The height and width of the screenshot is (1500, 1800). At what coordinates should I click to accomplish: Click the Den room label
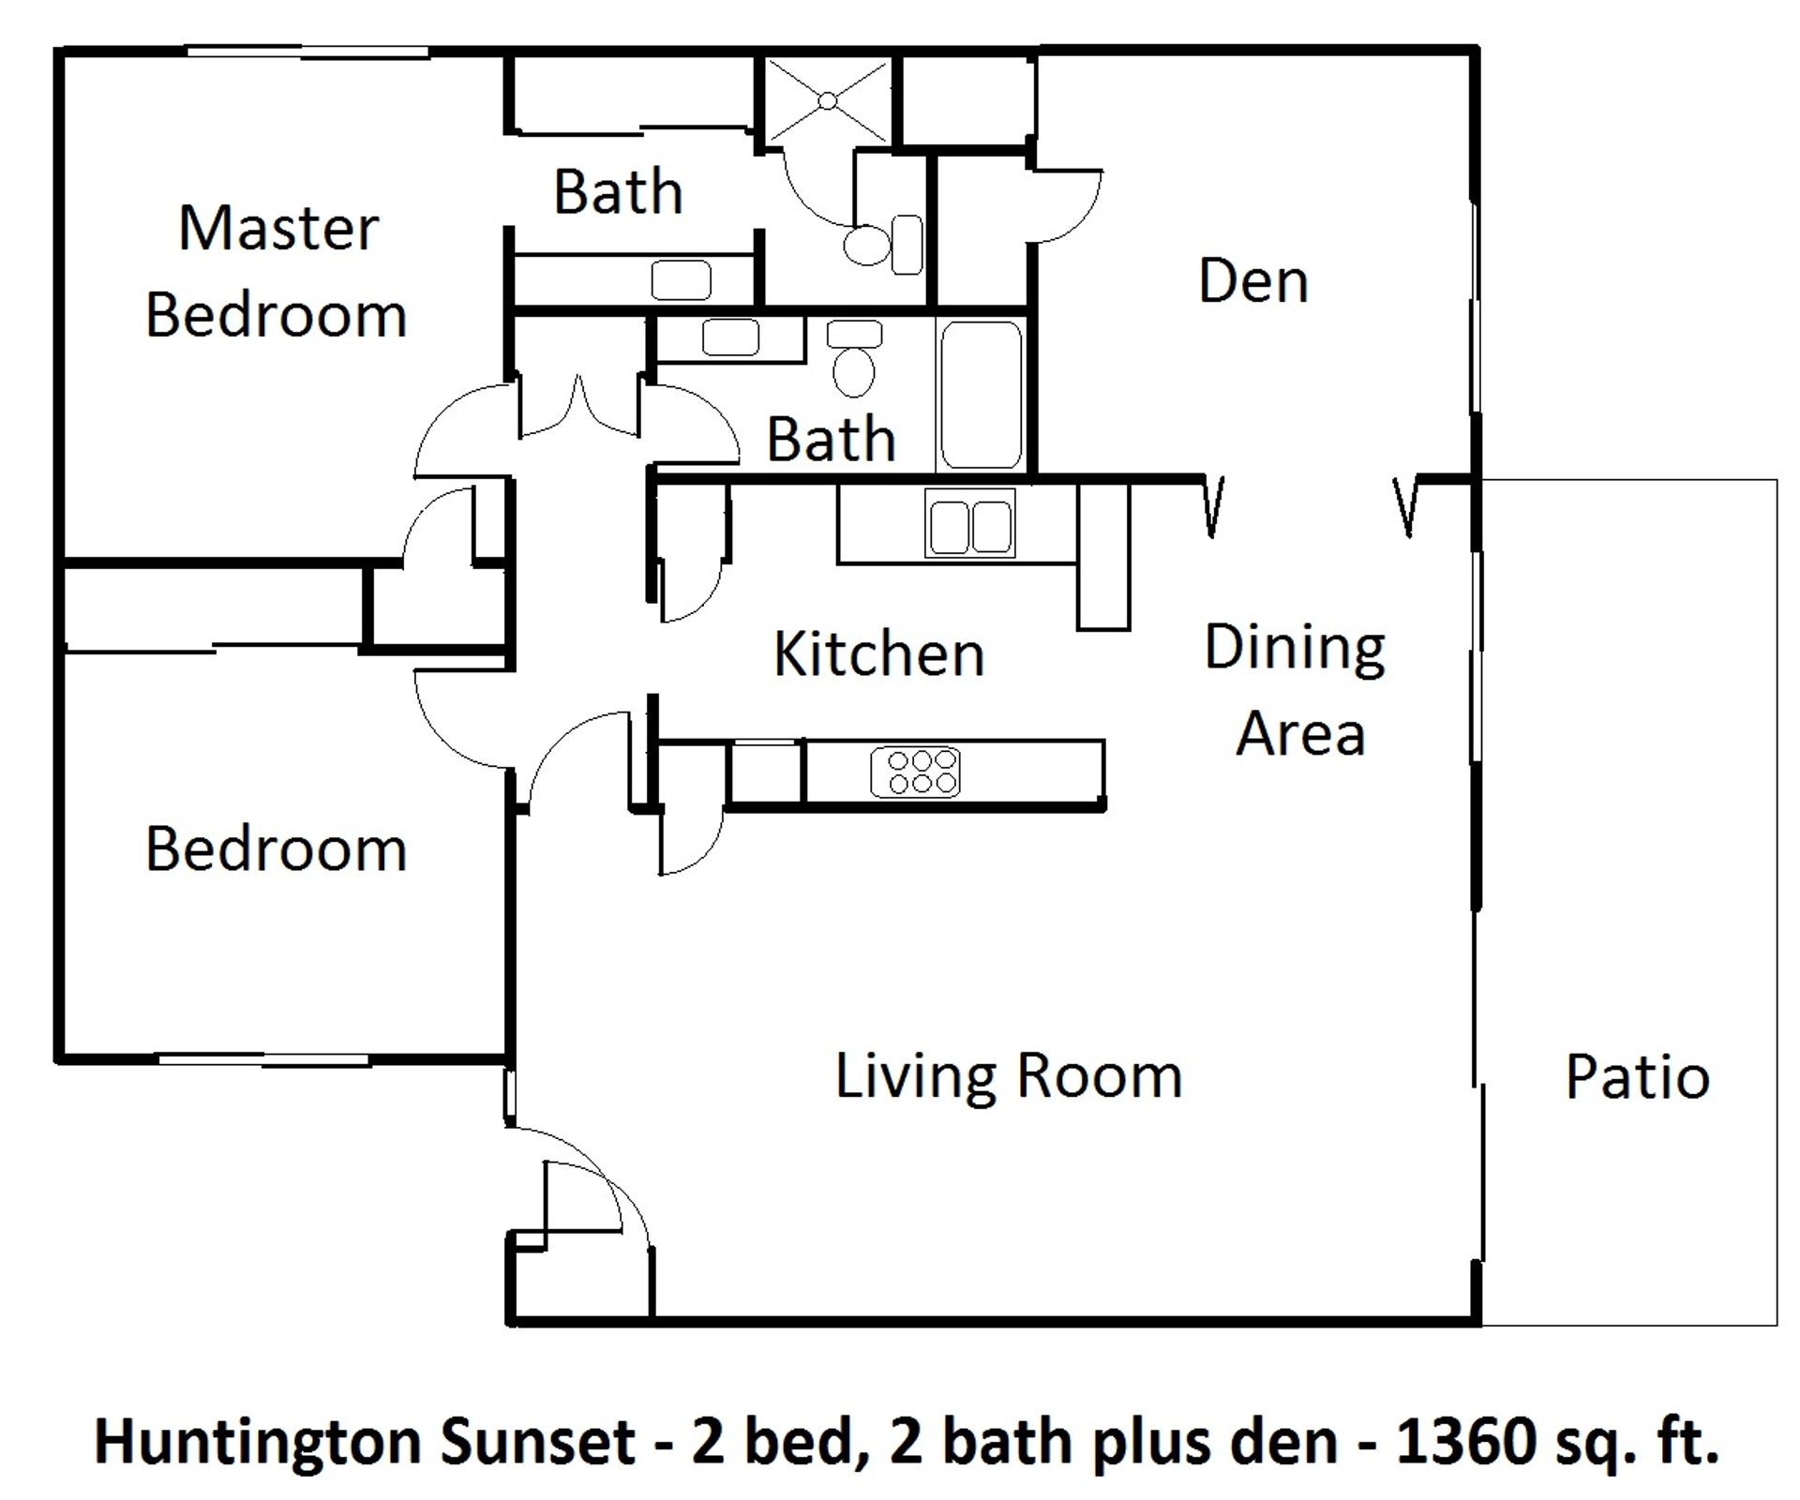point(1252,280)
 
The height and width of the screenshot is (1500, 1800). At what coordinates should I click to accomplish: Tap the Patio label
point(1637,1077)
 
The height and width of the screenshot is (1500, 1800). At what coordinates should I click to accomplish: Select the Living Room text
point(1008,1075)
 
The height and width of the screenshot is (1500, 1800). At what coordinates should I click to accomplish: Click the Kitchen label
point(878,653)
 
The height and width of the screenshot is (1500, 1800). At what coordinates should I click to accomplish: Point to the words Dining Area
point(1297,689)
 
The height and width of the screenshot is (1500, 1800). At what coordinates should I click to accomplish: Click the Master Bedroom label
point(277,272)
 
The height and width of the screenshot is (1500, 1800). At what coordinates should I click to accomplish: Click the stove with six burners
point(915,772)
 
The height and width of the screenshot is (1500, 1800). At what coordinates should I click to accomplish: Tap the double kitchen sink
point(970,524)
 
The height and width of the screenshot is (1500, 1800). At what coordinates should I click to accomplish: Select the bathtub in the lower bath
point(981,394)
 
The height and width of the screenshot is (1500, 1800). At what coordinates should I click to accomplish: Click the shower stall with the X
point(828,100)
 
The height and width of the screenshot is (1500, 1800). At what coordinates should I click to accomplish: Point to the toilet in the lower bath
point(854,361)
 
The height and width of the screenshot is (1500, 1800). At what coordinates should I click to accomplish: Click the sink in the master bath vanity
point(681,279)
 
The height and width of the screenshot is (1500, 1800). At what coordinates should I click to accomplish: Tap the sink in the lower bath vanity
point(730,337)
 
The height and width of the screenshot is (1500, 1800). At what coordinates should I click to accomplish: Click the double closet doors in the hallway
point(579,408)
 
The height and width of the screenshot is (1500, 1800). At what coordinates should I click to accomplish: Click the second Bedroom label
point(276,849)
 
